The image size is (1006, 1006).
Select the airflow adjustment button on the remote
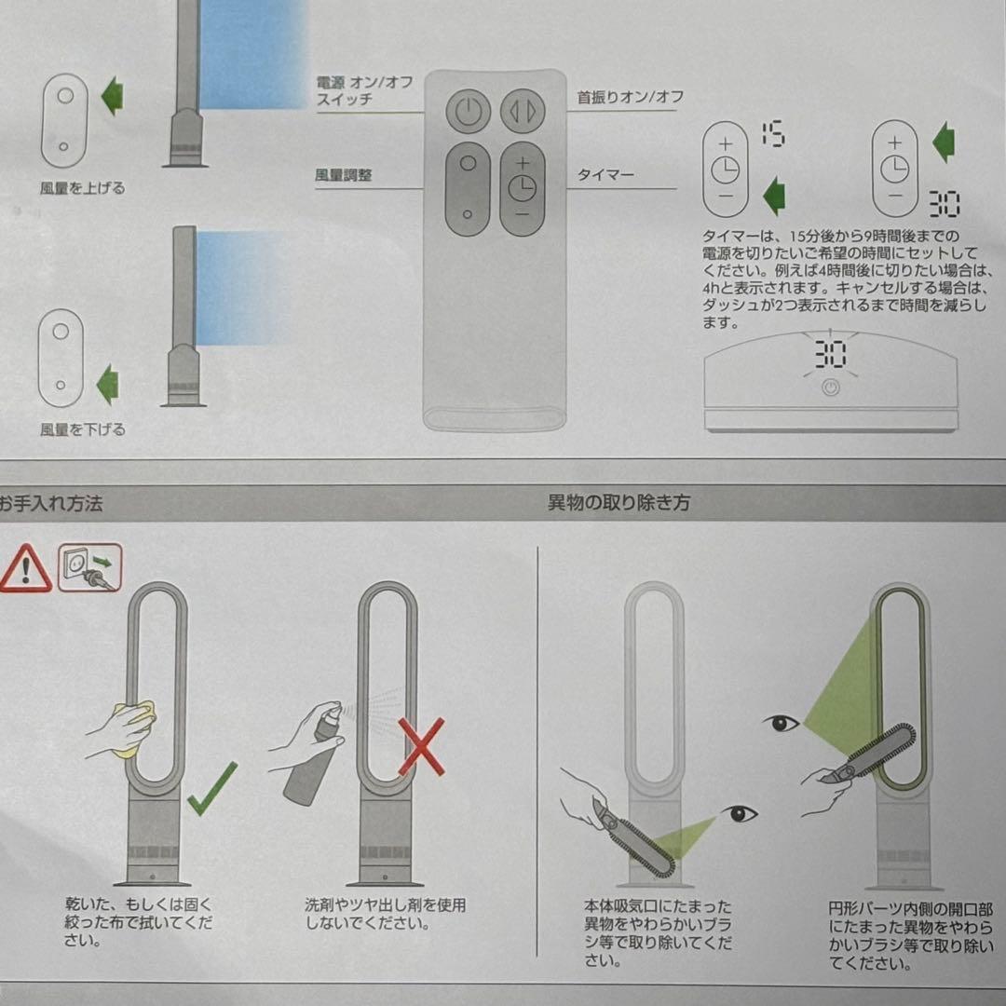pos(468,188)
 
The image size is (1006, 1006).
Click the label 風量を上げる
pos(83,188)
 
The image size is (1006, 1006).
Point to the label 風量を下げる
pos(82,429)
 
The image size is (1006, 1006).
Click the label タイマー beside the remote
pos(605,174)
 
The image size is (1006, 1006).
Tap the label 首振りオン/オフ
pos(631,97)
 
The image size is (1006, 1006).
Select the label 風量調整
pos(345,174)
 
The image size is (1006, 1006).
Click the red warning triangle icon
pos(25,570)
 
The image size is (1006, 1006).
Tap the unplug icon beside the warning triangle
pos(89,568)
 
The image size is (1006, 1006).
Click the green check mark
pos(211,790)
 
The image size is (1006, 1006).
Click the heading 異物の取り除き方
pos(619,504)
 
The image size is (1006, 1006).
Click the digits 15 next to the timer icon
pos(771,135)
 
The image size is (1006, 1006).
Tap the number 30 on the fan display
pos(830,354)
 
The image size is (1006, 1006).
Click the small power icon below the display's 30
pos(830,388)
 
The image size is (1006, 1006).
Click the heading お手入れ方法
pos(51,504)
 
